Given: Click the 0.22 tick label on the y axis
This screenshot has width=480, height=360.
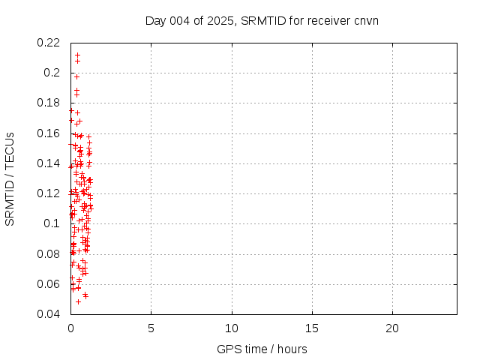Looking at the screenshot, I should coord(49,43).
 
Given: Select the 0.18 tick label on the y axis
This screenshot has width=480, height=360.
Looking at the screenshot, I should coord(49,103).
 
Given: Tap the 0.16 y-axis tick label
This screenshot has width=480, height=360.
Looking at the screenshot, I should coord(49,133).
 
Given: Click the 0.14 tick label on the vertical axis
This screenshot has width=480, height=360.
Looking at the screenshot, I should coord(49,163).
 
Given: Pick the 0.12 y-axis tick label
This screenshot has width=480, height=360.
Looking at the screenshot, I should coord(49,193).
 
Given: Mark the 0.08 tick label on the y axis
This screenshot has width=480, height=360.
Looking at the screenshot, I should coord(49,253).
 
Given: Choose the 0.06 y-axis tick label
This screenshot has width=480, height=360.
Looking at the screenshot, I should coord(49,283).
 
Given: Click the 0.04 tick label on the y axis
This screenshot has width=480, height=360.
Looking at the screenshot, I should coord(49,313).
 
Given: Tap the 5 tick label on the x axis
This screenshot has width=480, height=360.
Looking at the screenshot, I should coord(151,328).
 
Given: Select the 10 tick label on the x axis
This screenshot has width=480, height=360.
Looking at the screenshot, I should coord(232,328).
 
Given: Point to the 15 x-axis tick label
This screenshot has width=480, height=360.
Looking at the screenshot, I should coord(312,328).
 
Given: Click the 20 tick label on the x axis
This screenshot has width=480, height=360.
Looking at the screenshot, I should coord(392,328).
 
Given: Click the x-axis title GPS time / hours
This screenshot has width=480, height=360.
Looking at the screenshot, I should coord(262,349).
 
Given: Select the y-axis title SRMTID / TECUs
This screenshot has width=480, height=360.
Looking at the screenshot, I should coord(10,178).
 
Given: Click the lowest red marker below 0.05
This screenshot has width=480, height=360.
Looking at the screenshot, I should coord(78,301).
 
